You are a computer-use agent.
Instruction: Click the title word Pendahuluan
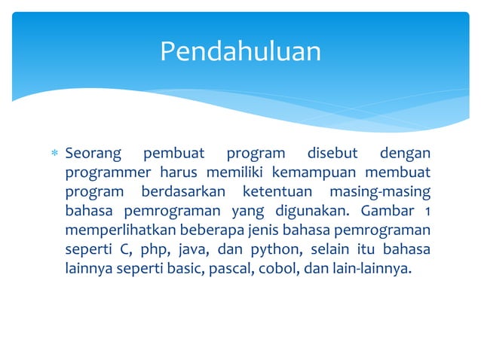[x=240, y=51]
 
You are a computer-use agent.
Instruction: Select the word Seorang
[x=93, y=154]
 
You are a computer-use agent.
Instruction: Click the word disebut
[x=327, y=154]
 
